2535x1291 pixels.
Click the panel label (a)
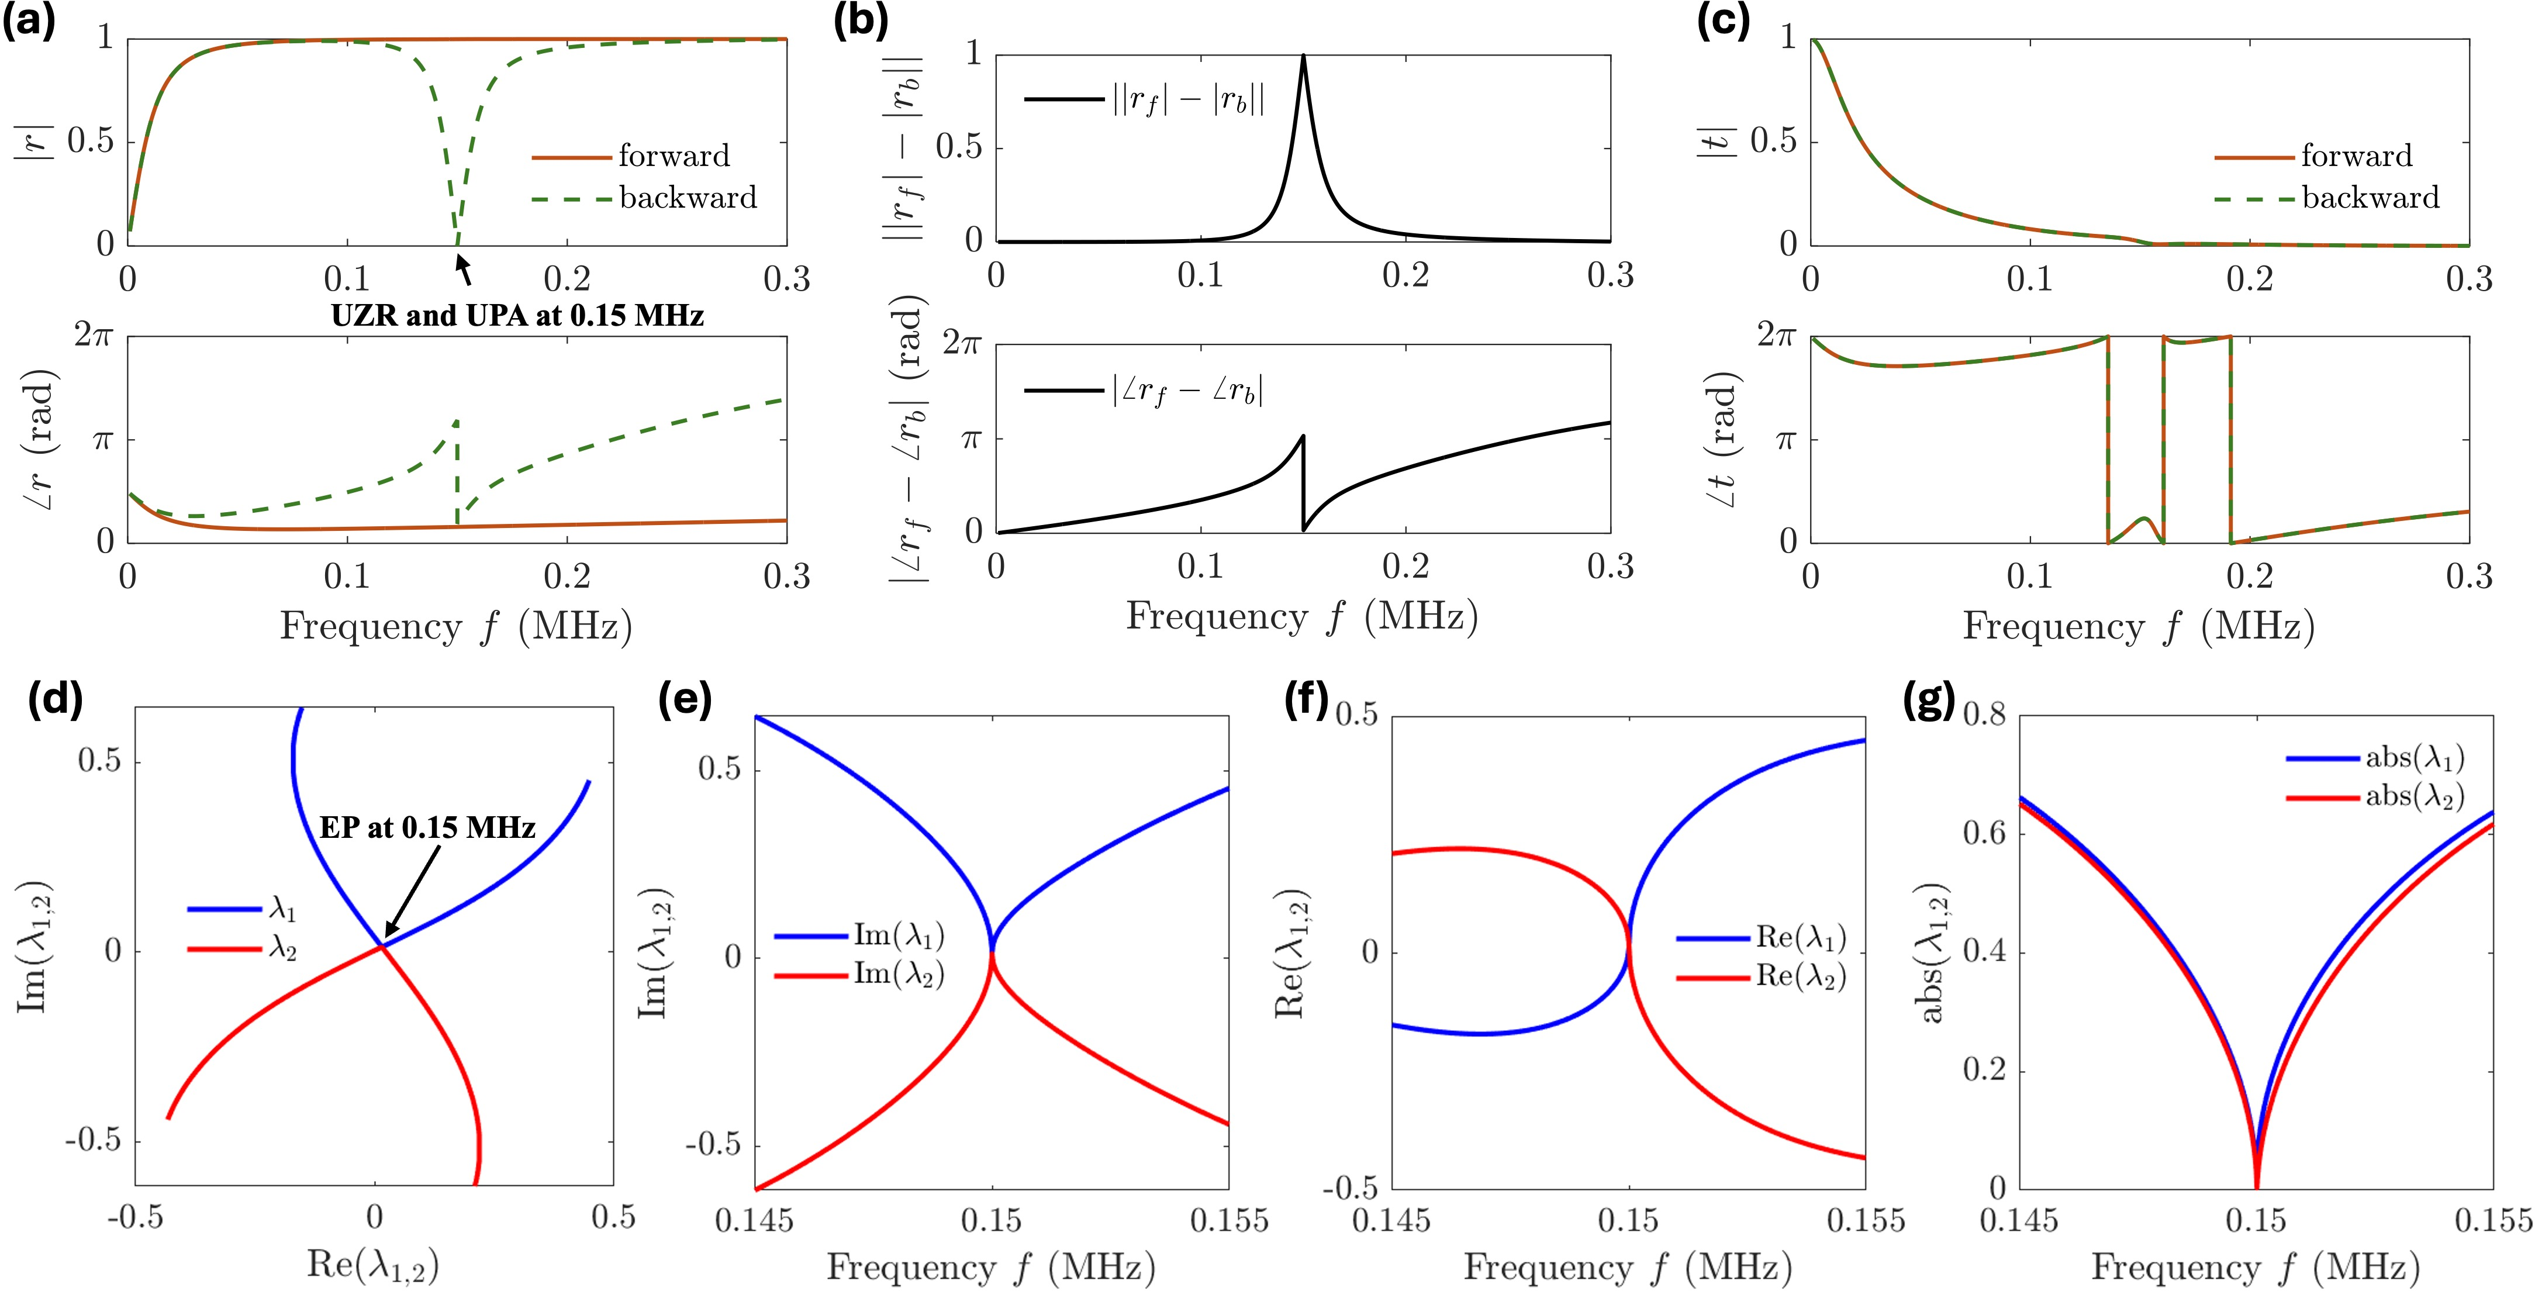(x=29, y=20)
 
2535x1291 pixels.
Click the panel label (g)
(x=1928, y=700)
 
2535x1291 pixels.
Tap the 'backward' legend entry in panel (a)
(x=687, y=198)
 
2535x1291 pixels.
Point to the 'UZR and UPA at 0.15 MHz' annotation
(x=517, y=316)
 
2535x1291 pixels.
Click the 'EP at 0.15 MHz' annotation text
(x=427, y=827)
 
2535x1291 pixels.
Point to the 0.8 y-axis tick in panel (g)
(x=1984, y=713)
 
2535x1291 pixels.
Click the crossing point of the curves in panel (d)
(x=381, y=947)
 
